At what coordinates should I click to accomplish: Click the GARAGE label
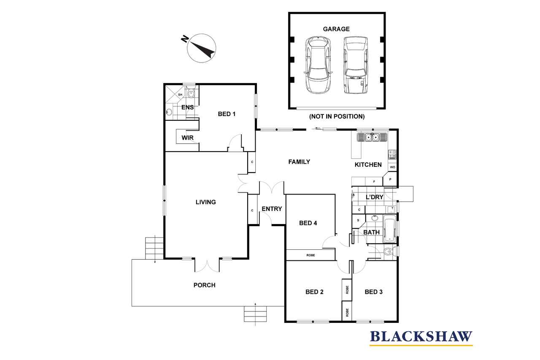(x=336, y=29)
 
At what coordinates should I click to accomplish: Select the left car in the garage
(x=318, y=65)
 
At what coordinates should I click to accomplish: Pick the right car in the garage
(x=356, y=65)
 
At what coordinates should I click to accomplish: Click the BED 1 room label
(x=227, y=114)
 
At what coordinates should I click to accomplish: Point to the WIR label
(x=188, y=138)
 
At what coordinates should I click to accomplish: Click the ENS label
(x=188, y=107)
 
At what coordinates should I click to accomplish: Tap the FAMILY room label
(x=299, y=162)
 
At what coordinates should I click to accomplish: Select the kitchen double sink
(x=372, y=137)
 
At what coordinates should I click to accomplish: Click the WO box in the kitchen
(x=392, y=167)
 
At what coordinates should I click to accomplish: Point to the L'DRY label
(x=374, y=197)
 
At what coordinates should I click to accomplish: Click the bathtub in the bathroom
(x=389, y=229)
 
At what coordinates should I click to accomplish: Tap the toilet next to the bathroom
(x=389, y=252)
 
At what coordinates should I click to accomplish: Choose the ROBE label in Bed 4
(x=310, y=255)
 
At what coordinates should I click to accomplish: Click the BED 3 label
(x=374, y=292)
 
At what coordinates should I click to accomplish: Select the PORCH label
(x=205, y=285)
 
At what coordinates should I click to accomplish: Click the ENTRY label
(x=272, y=208)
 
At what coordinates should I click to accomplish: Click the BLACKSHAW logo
(x=421, y=338)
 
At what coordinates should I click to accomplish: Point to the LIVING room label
(x=205, y=202)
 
